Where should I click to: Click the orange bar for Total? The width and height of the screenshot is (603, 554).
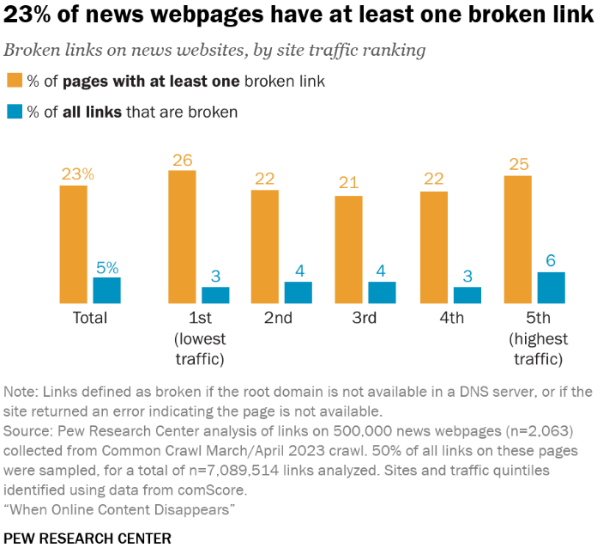(73, 244)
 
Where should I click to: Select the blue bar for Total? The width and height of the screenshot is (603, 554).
(106, 290)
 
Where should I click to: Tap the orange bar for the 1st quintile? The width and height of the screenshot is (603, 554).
(182, 236)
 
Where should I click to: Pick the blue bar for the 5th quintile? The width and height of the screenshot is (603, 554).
(552, 288)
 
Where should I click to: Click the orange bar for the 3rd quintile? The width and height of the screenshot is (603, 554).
(348, 249)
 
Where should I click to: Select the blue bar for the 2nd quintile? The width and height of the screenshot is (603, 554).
(298, 292)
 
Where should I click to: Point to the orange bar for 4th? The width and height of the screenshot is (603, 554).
(433, 247)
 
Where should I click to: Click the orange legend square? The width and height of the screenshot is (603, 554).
(15, 82)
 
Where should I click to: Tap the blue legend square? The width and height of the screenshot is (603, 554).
(15, 112)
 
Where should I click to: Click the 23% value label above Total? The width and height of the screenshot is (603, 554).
(77, 174)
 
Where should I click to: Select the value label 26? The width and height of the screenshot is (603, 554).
(183, 160)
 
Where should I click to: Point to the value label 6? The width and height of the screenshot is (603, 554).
(552, 261)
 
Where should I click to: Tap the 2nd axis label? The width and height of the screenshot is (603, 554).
(278, 318)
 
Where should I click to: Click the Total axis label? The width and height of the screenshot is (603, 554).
(89, 318)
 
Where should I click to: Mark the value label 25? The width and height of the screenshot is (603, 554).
(518, 165)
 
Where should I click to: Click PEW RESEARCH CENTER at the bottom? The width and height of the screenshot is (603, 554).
(87, 539)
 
